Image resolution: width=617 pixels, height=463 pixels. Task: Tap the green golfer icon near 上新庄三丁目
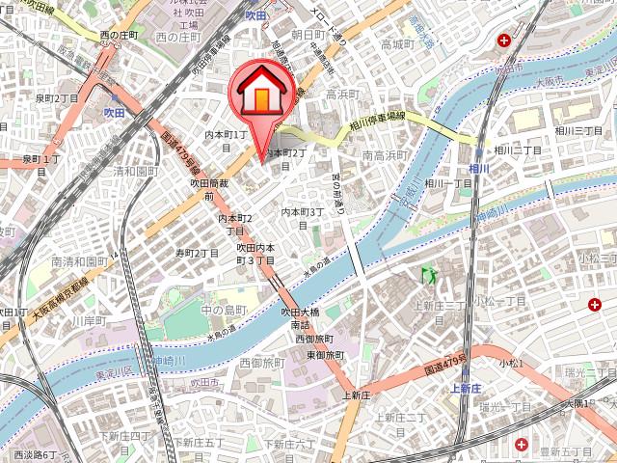[x=425, y=275]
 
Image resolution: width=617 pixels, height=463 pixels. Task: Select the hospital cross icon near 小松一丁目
[x=595, y=305]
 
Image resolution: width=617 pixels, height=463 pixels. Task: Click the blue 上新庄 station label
[x=466, y=390]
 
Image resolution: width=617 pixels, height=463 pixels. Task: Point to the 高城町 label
[x=396, y=44]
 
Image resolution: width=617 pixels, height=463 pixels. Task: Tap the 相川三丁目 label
[x=578, y=130]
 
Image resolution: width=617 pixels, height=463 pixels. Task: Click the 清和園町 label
[x=135, y=171]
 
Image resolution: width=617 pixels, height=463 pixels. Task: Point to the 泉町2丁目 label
[x=57, y=98]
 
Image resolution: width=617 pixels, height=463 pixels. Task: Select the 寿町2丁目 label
[x=197, y=253]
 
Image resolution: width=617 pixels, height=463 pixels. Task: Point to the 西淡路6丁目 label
[x=37, y=453]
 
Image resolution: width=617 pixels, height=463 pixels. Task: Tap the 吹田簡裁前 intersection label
[x=208, y=189]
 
